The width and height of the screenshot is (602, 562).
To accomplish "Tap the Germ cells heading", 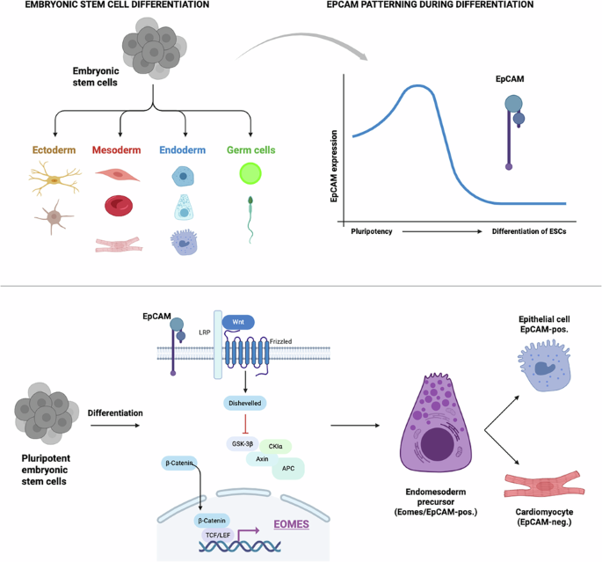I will tap(253, 150).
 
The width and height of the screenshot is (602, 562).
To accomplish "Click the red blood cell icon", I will tap(119, 206).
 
